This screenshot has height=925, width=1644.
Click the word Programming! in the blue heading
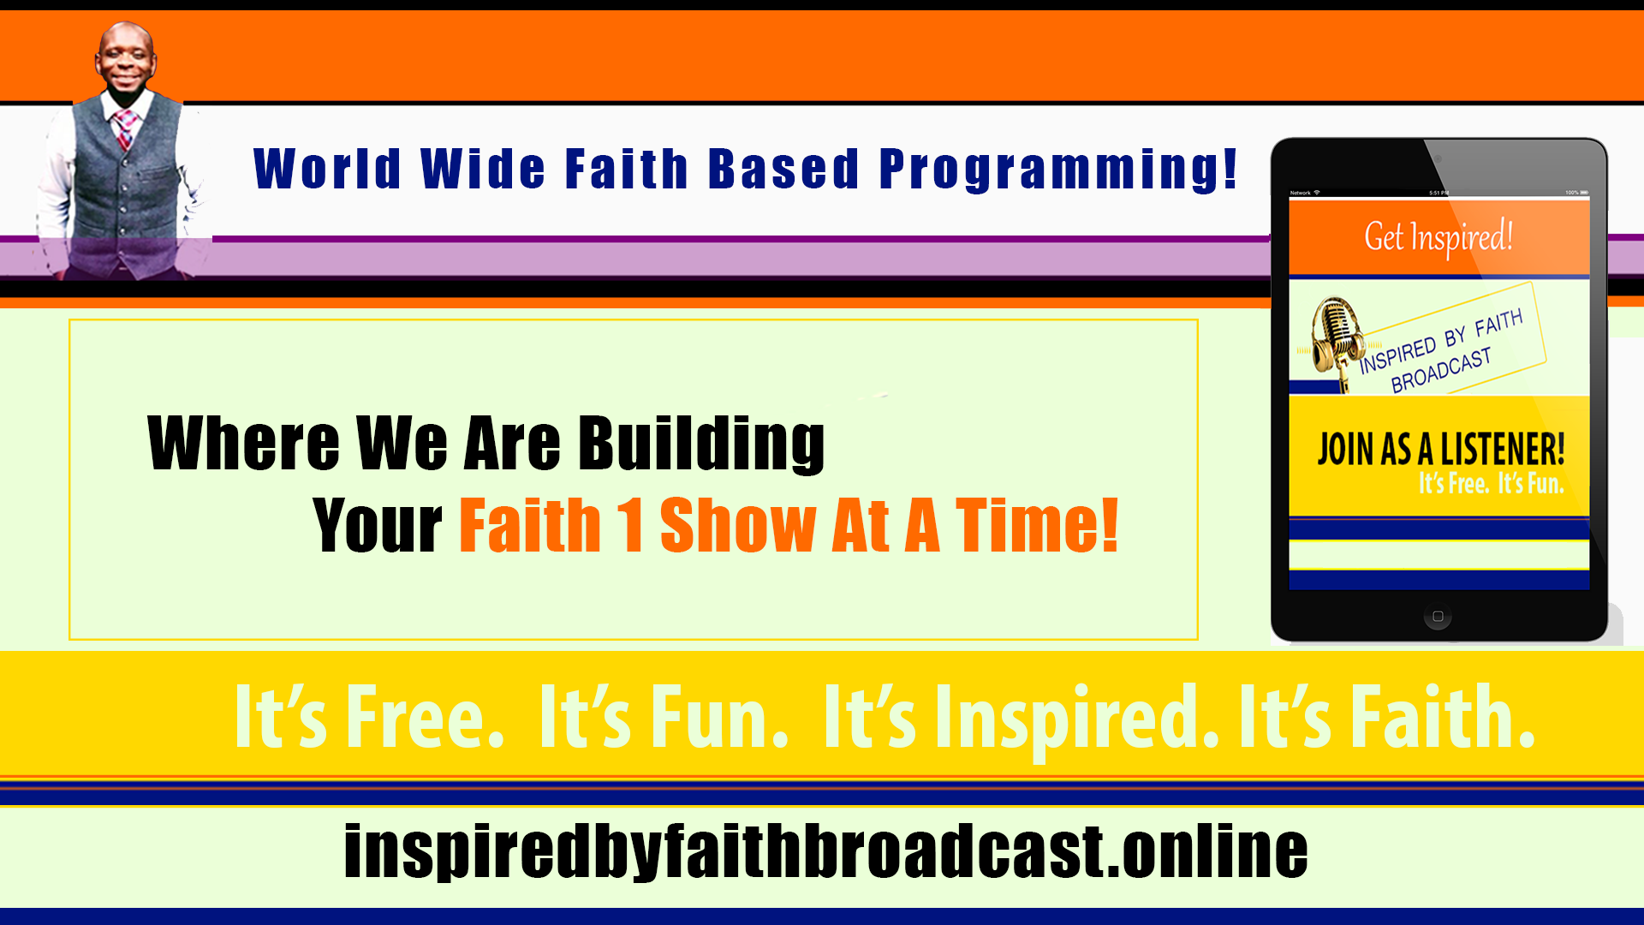tap(1058, 169)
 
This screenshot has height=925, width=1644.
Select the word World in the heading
tap(327, 168)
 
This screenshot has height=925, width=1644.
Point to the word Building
tap(701, 443)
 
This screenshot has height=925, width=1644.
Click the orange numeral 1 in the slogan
tap(630, 524)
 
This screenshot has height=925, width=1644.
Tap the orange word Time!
tap(1037, 524)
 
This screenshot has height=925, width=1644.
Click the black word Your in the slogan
tap(378, 524)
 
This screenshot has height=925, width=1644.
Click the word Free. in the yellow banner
tap(425, 717)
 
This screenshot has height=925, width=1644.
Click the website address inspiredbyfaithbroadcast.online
tap(825, 851)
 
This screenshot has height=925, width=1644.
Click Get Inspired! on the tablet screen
tap(1438, 237)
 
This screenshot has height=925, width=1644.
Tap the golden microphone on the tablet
tap(1337, 343)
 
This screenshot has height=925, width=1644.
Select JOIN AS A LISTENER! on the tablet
tap(1440, 449)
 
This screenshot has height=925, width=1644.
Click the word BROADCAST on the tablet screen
tap(1441, 369)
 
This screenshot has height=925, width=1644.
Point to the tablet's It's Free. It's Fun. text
tap(1491, 484)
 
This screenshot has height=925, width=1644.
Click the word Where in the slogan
tap(244, 443)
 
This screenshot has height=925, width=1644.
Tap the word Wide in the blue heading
tap(483, 168)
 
